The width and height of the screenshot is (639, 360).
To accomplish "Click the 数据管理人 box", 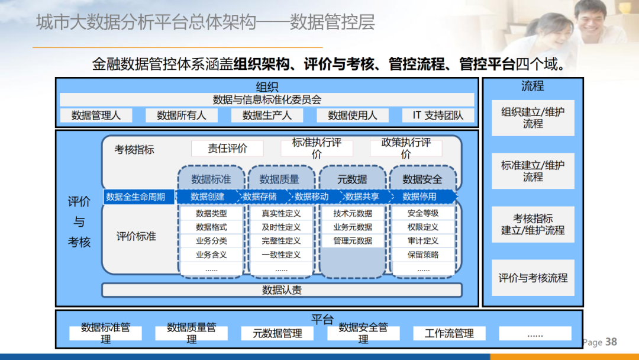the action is [96, 115].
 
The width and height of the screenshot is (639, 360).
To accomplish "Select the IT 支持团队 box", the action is [438, 115].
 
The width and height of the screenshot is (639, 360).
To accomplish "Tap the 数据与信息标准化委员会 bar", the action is [267, 100].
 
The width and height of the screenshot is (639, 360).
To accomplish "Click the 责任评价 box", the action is [227, 149].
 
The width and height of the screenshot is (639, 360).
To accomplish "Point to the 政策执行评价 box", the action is [406, 149].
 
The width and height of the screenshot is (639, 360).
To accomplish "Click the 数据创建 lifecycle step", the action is [208, 197].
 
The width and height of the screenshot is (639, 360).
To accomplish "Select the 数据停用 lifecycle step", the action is [419, 197].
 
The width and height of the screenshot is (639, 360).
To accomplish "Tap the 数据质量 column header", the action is [279, 179].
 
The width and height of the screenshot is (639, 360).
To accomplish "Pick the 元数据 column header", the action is [352, 179].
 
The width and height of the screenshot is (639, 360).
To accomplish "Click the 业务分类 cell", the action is [211, 241].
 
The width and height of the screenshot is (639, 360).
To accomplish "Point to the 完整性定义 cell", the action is [281, 241].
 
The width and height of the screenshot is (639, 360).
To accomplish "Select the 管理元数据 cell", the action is [353, 241].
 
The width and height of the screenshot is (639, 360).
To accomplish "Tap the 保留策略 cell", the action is [423, 255].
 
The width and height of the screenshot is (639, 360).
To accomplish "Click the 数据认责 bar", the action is [282, 290].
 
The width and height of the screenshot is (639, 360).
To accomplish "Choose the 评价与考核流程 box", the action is [532, 278].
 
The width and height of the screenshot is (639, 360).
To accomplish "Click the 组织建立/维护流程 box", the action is [532, 118].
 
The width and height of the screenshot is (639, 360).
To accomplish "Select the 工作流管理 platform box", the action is [449, 333].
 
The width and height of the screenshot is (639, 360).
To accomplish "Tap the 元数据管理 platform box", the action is [277, 333].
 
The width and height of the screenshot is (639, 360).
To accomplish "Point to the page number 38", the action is [611, 342].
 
